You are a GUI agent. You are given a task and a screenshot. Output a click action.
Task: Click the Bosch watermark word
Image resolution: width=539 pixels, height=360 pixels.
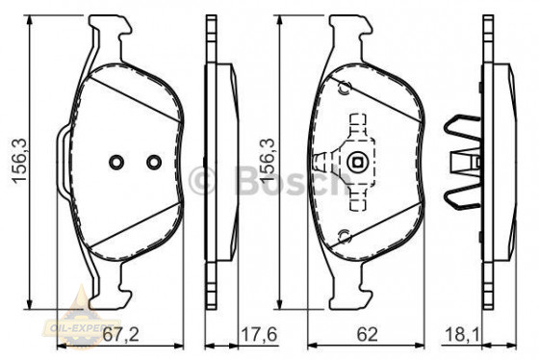coord(278,177)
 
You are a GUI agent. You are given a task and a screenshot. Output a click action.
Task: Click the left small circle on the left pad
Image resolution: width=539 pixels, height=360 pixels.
coord(115,162)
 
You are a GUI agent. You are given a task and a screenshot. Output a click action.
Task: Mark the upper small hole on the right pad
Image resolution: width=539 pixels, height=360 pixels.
coord(341,87)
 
